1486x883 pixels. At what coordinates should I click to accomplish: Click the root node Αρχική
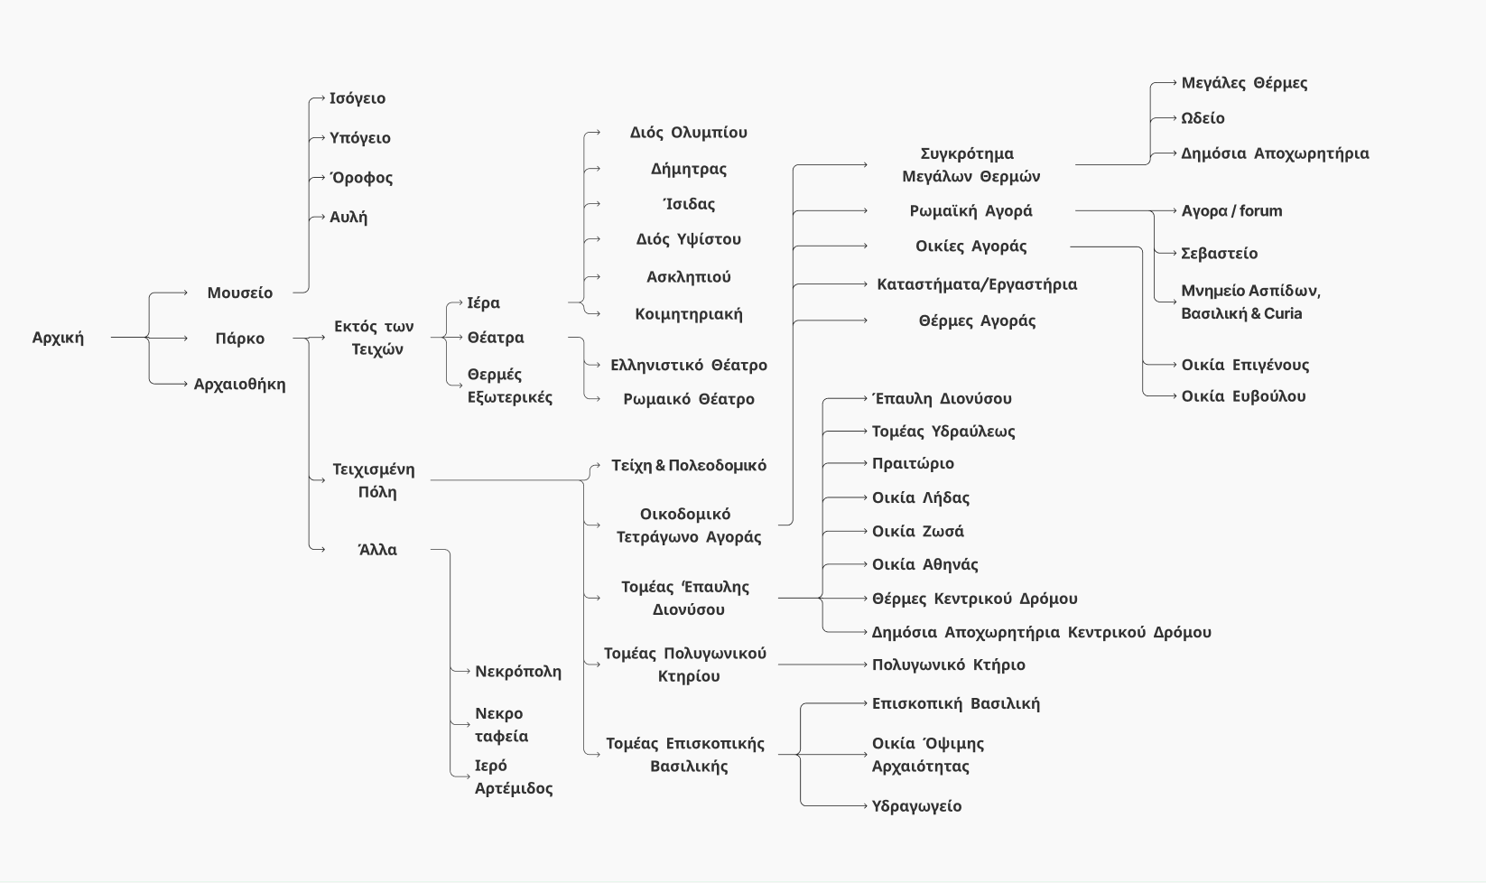[x=58, y=338]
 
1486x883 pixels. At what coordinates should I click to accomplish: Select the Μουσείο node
[x=239, y=293]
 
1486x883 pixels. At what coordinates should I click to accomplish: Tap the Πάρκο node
[x=239, y=339]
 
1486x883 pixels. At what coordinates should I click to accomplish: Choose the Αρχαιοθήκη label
[x=239, y=384]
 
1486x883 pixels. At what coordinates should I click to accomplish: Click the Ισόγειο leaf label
[x=358, y=98]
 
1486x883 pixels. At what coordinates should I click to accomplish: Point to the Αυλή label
[x=348, y=217]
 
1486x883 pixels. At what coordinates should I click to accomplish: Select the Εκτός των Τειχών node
[x=374, y=338]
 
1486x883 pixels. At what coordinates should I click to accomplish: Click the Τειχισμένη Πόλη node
[x=374, y=480]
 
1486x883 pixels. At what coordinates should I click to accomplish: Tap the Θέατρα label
[x=496, y=338]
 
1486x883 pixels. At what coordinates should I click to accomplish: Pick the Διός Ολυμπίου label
[x=689, y=133]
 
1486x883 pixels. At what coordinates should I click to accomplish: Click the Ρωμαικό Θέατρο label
[x=689, y=399]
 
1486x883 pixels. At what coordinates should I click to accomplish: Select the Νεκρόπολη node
[x=518, y=672]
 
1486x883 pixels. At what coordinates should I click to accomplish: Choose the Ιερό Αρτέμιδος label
[x=514, y=776]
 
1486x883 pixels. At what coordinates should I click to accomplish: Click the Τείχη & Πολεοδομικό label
[x=689, y=466]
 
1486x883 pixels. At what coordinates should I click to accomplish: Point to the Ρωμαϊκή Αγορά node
[x=971, y=211]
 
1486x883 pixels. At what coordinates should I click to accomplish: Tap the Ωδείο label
[x=1203, y=118]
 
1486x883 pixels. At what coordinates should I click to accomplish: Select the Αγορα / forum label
[x=1231, y=211]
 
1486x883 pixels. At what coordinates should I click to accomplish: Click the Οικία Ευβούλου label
[x=1243, y=396]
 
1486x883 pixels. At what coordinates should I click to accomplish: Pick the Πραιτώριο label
[x=913, y=464]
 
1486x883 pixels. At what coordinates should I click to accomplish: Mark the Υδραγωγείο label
[x=916, y=806]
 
